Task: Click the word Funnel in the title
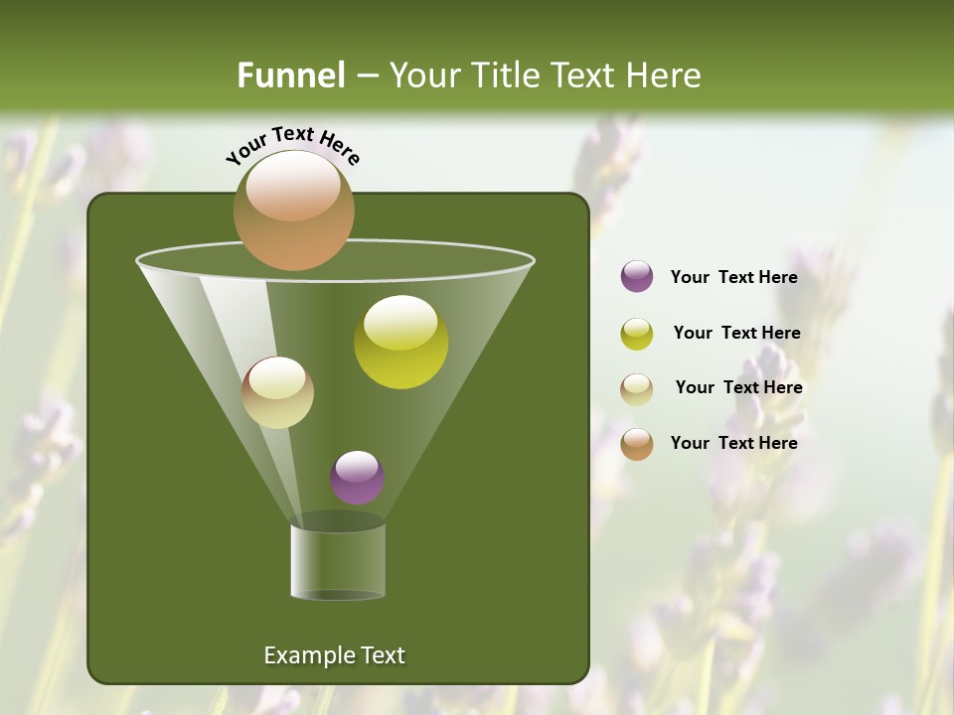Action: tap(290, 75)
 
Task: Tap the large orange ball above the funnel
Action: tap(293, 211)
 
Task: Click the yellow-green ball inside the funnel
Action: tap(400, 343)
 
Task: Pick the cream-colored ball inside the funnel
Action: tap(277, 392)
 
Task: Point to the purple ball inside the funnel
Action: tap(357, 478)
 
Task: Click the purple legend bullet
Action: tap(637, 276)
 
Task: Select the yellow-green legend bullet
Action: tap(637, 334)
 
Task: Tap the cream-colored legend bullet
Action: tap(637, 389)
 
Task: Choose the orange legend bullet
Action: tap(637, 444)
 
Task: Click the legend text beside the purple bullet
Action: tap(733, 277)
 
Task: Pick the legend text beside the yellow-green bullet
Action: tap(736, 333)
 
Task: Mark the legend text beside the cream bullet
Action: tap(738, 387)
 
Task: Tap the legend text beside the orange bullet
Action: tap(733, 443)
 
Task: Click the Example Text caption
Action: tap(334, 655)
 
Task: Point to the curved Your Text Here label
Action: tap(292, 145)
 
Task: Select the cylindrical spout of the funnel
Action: tap(338, 561)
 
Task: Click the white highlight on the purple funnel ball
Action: tap(357, 465)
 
